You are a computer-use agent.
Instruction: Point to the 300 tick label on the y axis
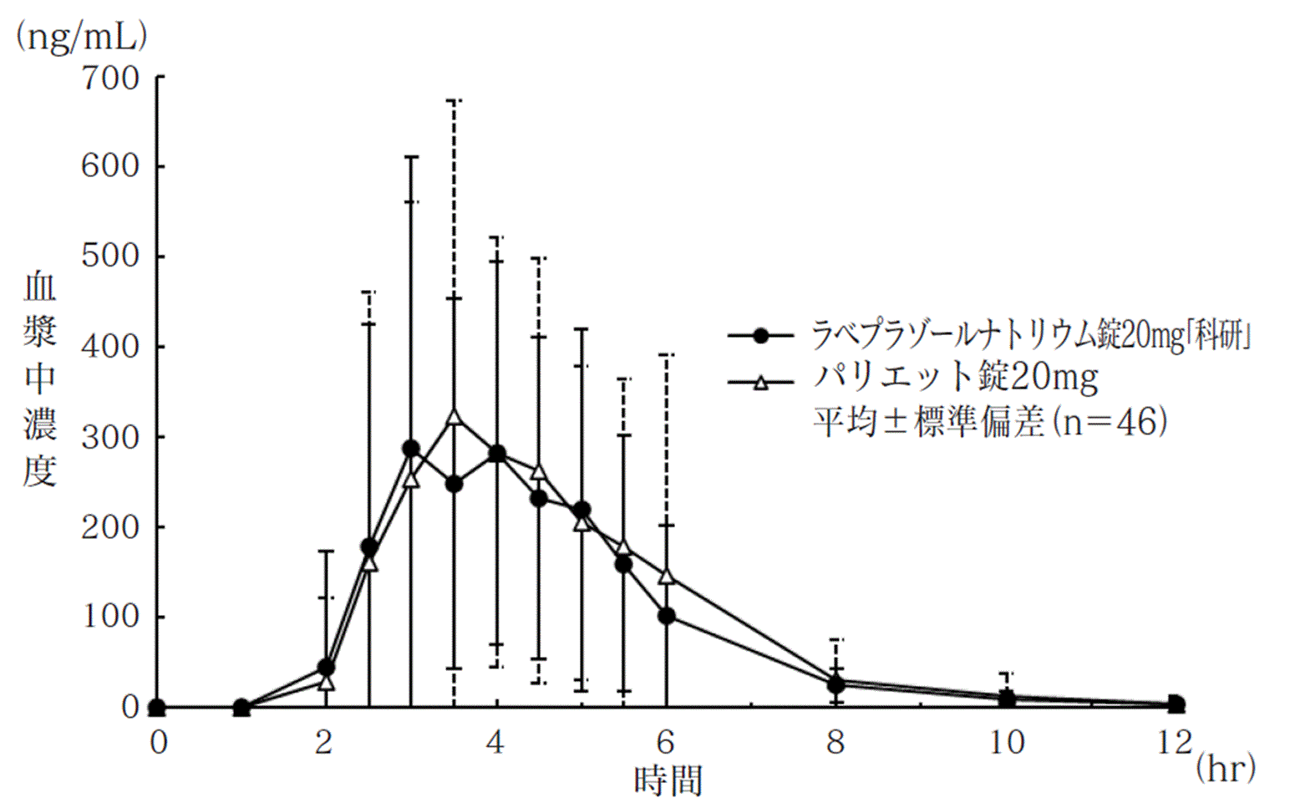tap(109, 437)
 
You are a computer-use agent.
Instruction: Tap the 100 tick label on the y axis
tap(109, 617)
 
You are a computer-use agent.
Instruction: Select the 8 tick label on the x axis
tap(835, 742)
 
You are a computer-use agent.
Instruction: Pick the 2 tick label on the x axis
tap(324, 742)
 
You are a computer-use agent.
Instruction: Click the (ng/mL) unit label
tap(81, 36)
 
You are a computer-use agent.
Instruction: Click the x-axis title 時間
tap(668, 781)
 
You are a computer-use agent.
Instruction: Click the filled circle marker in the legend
tap(760, 336)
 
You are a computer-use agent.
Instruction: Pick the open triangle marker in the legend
tap(760, 383)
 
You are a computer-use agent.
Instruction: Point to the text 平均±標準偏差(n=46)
tap(990, 421)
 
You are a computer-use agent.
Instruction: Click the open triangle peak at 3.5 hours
tap(454, 417)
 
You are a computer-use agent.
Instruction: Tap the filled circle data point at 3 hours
tap(411, 449)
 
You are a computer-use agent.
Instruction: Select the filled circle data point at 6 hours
tap(667, 616)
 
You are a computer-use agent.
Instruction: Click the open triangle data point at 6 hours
tap(667, 576)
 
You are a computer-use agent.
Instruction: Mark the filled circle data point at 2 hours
tap(326, 668)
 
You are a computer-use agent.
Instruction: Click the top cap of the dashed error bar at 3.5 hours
tap(454, 101)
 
